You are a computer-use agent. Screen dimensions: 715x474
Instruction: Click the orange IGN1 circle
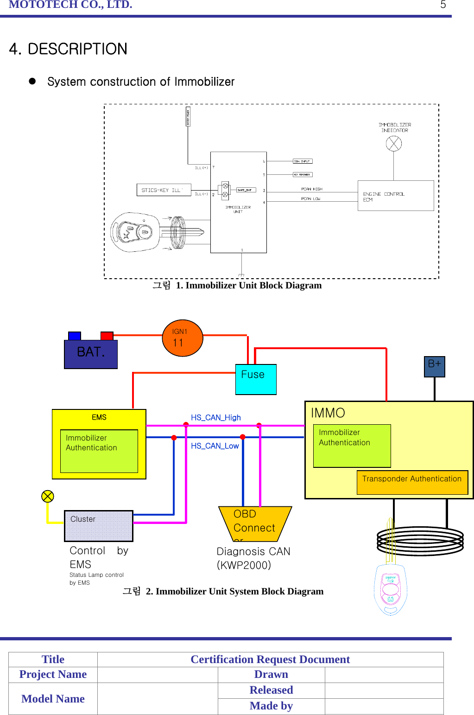(183, 338)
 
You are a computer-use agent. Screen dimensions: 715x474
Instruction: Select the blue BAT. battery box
(91, 354)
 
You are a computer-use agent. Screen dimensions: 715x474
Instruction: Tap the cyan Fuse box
(256, 379)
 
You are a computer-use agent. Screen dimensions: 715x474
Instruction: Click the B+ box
(435, 366)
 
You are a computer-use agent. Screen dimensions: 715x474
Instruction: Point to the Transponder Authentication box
(412, 482)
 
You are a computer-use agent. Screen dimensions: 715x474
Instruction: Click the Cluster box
(99, 526)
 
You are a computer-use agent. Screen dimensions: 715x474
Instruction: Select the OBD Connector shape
(254, 524)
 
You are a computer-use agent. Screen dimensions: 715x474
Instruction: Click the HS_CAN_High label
(216, 418)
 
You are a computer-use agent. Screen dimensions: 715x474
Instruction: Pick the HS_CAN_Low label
(215, 446)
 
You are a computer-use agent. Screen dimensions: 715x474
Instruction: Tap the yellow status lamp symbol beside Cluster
(48, 497)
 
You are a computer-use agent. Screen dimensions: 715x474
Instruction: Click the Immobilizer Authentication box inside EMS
(99, 451)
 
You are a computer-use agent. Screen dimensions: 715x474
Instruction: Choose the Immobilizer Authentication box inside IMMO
(352, 446)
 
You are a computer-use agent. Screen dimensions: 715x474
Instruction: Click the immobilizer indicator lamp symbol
(394, 144)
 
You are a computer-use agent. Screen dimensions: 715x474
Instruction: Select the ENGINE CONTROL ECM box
(395, 196)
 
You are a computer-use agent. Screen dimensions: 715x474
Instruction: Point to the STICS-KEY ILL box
(164, 190)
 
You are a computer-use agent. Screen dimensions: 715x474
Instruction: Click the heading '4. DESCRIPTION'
(68, 49)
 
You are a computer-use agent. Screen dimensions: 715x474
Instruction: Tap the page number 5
(443, 5)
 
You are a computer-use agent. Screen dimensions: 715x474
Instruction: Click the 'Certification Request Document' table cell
(270, 659)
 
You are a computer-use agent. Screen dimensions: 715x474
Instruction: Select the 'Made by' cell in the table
(271, 706)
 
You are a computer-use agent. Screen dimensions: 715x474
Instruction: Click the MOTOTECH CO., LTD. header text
(70, 5)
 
